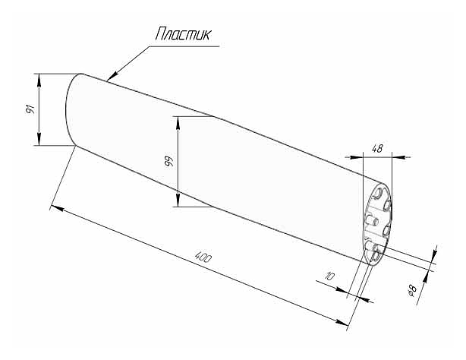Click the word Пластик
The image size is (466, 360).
click(x=182, y=34)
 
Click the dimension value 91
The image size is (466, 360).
click(x=30, y=109)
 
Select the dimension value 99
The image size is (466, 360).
click(x=169, y=161)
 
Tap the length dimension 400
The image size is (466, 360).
click(x=203, y=257)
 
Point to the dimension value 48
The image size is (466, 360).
click(x=377, y=148)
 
